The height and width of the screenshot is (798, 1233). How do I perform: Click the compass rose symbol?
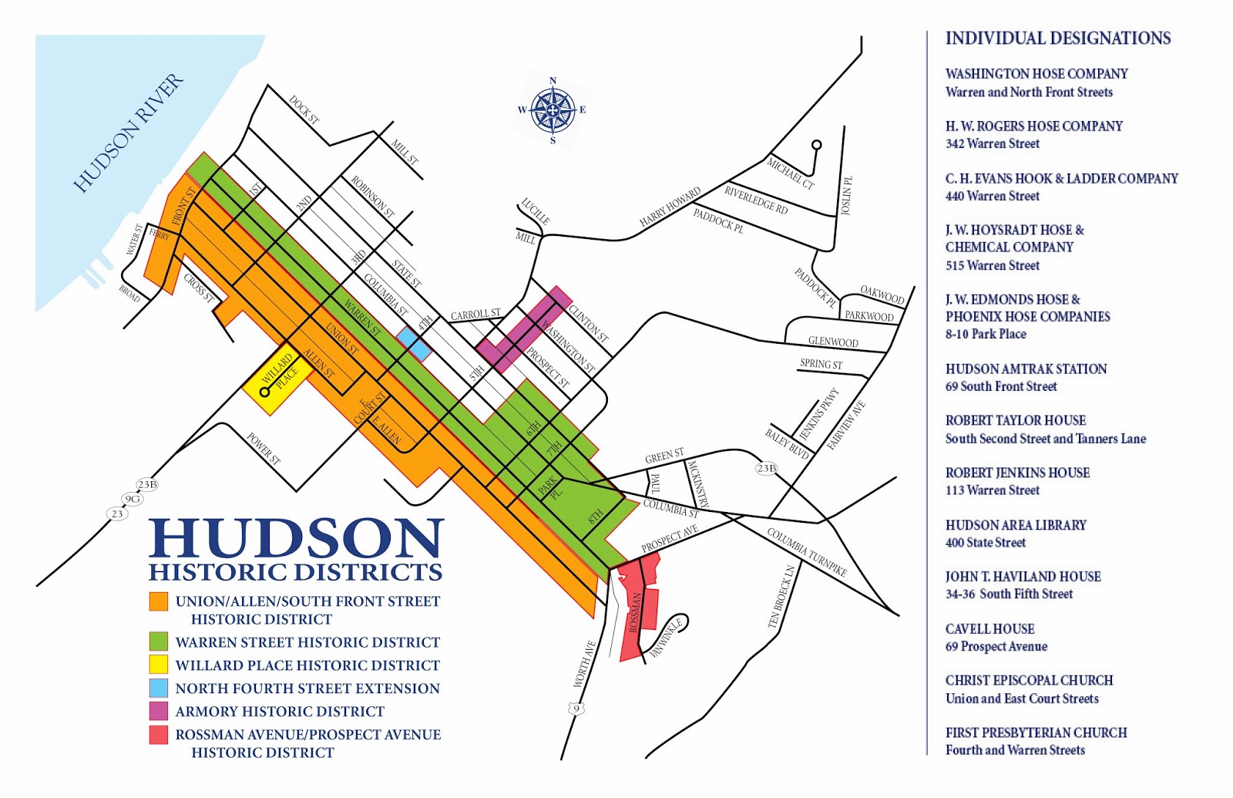click(553, 110)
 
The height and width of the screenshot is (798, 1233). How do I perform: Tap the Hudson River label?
click(129, 133)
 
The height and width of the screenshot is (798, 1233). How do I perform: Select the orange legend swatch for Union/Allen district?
click(159, 601)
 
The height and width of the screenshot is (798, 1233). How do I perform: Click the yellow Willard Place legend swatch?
click(159, 664)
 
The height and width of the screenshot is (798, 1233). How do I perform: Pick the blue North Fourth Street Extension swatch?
click(159, 688)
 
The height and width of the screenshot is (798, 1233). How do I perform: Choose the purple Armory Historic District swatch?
click(159, 711)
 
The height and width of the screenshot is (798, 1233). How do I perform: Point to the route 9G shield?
click(133, 499)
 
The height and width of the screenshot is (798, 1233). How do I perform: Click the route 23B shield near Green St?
click(766, 468)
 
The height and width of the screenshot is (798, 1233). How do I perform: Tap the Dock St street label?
click(304, 110)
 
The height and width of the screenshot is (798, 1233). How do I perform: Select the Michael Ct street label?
click(790, 173)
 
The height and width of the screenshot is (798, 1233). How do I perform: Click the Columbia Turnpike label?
click(806, 551)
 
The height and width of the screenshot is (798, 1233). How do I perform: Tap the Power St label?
click(264, 449)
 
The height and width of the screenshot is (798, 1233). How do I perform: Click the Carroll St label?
click(475, 314)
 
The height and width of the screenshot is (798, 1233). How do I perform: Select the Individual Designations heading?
click(1058, 39)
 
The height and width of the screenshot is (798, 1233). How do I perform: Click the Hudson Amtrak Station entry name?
click(1026, 369)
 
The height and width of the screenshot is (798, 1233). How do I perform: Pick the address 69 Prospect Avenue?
click(996, 646)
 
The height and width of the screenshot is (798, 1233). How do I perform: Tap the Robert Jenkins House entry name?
click(1017, 473)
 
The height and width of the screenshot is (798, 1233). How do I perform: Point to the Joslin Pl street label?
click(846, 196)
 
